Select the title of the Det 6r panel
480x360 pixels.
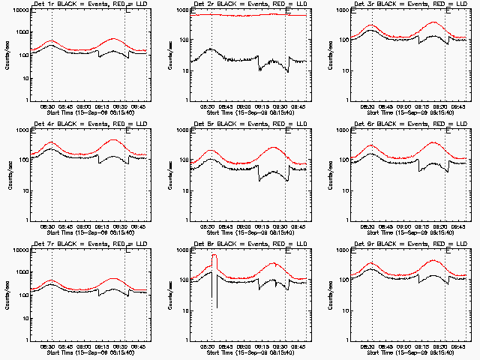408,125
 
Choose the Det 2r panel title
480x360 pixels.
247,5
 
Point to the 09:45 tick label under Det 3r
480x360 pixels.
459,106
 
